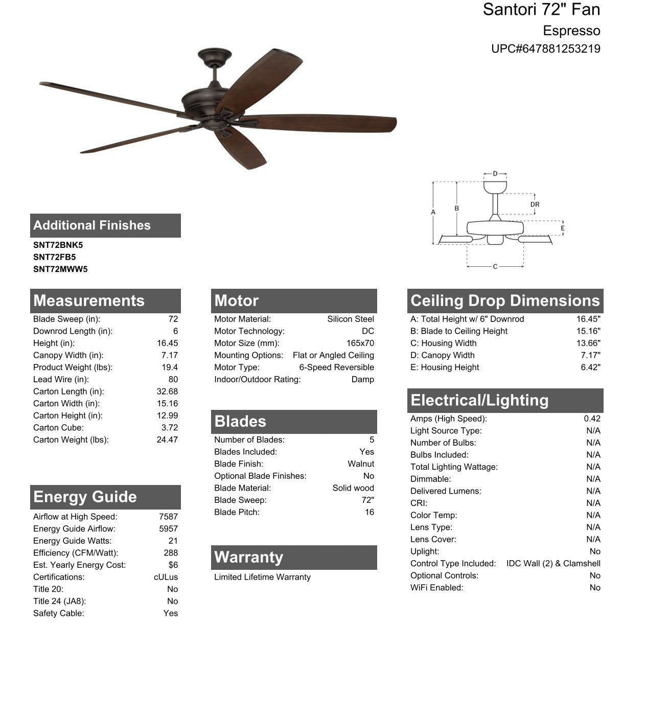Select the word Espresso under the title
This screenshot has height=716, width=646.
click(571, 31)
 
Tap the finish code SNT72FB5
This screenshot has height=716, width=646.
click(54, 257)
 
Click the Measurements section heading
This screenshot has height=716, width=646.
click(89, 301)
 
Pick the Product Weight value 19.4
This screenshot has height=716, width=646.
click(170, 367)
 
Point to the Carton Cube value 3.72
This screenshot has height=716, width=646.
click(170, 428)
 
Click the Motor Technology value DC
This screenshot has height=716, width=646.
click(367, 331)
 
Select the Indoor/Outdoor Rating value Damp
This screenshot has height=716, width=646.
click(362, 379)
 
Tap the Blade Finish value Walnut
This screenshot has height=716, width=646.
click(361, 464)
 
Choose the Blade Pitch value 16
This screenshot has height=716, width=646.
click(369, 512)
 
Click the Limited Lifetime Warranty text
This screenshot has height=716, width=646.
click(262, 577)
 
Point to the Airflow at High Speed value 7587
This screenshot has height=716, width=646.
click(168, 517)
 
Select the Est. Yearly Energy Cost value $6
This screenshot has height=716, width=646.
click(173, 565)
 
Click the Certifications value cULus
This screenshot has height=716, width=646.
click(166, 577)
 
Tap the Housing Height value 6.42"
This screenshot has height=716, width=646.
click(590, 367)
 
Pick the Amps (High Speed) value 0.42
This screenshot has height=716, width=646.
click(592, 419)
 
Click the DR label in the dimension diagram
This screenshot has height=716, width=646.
click(535, 204)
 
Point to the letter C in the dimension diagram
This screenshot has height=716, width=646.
click(495, 267)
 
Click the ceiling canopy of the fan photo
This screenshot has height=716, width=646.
click(215, 55)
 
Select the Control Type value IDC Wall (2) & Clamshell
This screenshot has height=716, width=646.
click(553, 563)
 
